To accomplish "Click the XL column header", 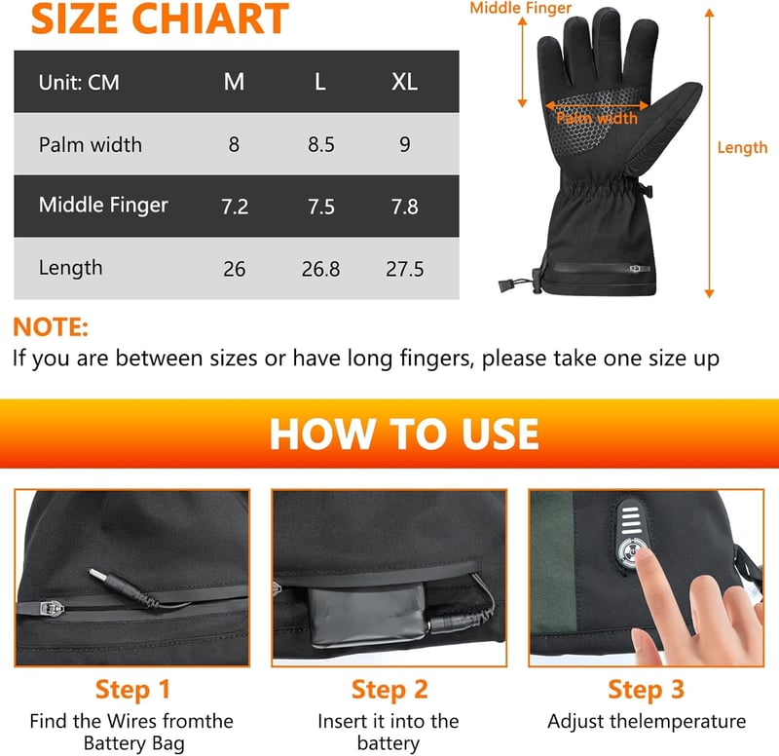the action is point(404,82).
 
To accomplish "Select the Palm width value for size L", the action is point(321,144).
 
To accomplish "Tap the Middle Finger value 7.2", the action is point(235,207).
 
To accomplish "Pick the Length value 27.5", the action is point(405,269).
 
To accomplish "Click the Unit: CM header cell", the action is point(79,83).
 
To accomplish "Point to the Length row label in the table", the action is point(70,269).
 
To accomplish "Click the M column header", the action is point(234,82).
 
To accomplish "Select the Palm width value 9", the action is point(405,144).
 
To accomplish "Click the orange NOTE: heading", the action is point(51,327).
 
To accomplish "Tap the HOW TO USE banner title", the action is point(404,434).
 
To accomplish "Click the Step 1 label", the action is point(132,690).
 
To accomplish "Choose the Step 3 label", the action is point(646,690).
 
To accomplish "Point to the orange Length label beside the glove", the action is point(742,148).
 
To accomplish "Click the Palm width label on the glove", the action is point(597,118).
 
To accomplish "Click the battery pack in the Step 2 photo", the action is point(368,616).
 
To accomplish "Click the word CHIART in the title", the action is point(210,19).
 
